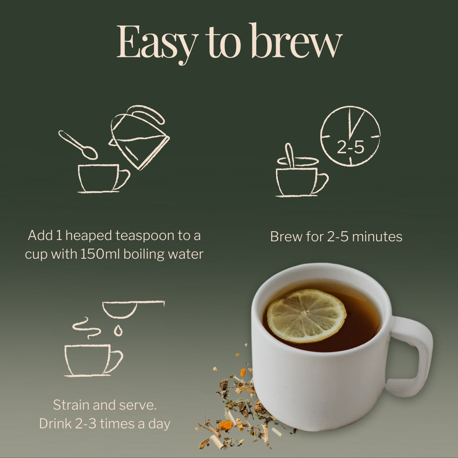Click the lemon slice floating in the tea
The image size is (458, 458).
click(307, 316)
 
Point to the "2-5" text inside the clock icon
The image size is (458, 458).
click(351, 147)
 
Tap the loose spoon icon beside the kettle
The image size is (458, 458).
click(78, 145)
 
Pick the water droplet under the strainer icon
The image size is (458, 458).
click(118, 330)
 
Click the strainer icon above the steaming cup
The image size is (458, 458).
click(133, 309)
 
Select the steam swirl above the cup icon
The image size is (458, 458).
click(86, 328)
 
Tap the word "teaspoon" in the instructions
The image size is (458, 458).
click(145, 235)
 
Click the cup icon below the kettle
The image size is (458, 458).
click(104, 179)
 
